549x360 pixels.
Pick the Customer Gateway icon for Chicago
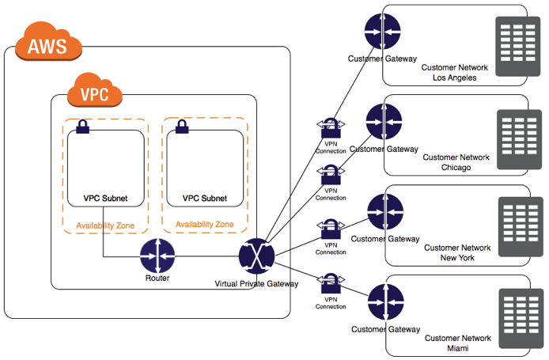tap(382, 122)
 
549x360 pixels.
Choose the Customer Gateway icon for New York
tap(385, 212)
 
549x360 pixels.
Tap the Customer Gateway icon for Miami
tap(385, 301)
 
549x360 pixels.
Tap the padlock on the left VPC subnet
tap(81, 127)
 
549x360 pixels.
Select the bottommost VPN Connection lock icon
tap(331, 282)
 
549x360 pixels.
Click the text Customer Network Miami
tap(457, 343)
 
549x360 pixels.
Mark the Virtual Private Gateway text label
tap(256, 283)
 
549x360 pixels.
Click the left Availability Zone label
tap(105, 225)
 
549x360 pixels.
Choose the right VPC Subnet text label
tap(204, 199)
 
